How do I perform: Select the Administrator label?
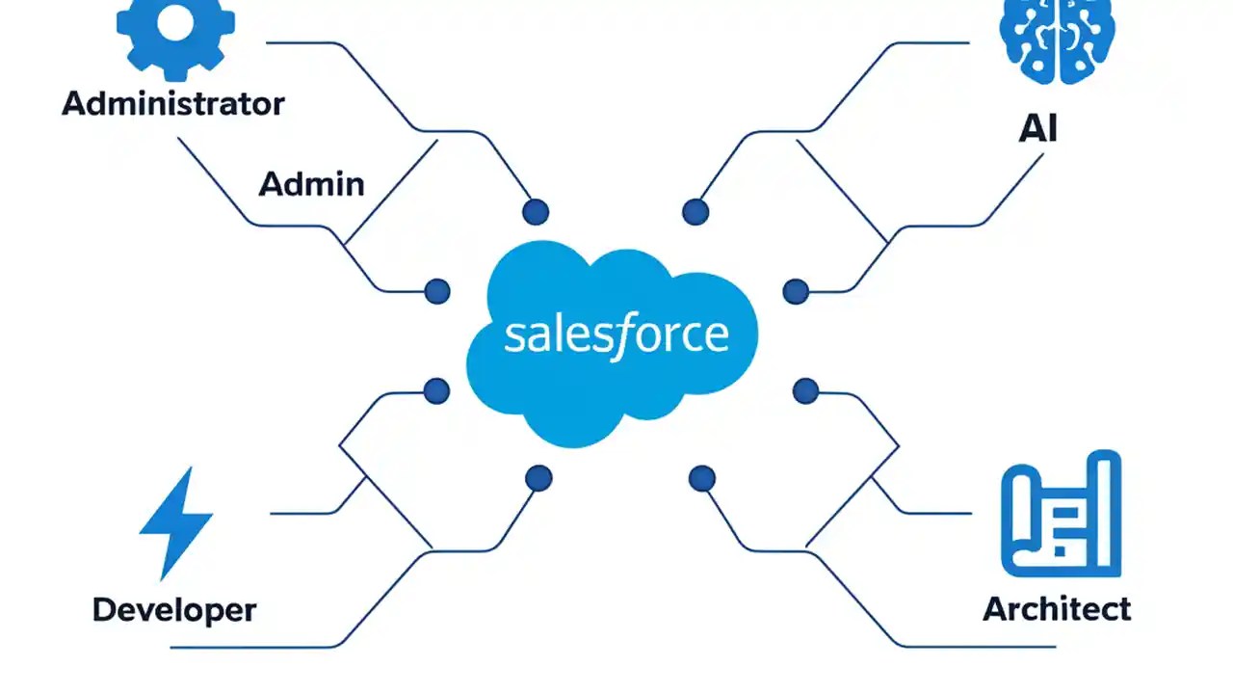coord(173,104)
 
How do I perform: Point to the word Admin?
coord(311,183)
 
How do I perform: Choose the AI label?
coord(1037,128)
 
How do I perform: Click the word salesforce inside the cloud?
coord(616,334)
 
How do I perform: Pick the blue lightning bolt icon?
coord(176,521)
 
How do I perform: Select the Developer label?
coord(174,610)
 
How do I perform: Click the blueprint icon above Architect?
coord(1061,513)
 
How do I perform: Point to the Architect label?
coord(1057,609)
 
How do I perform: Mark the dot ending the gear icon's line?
coord(536,212)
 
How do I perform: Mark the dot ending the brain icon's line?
coord(695,212)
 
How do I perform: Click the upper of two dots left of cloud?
coord(437,290)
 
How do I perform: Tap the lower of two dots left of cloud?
coord(437,390)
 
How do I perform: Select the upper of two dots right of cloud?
coord(796,290)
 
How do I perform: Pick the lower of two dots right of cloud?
coord(805,390)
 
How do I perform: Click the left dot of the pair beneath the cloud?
coord(538,477)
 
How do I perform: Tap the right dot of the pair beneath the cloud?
coord(702,477)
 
